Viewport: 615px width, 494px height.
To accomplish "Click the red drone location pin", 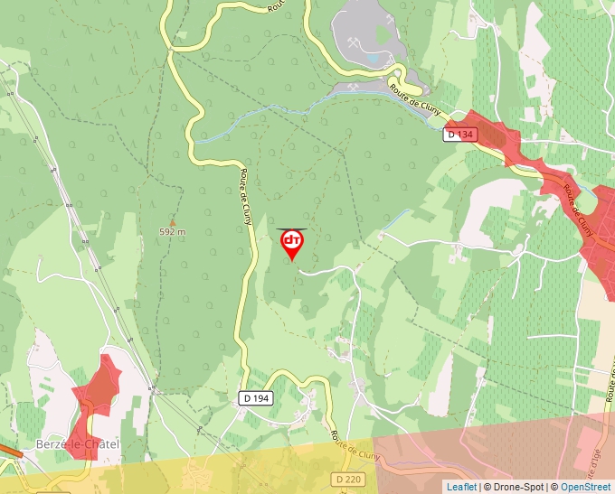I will pyautogui.click(x=292, y=242).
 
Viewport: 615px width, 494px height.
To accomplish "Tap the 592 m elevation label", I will pyautogui.click(x=172, y=231).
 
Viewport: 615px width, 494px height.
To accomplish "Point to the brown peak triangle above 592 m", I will pyautogui.click(x=172, y=221).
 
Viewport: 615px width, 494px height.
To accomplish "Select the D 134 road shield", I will pyautogui.click(x=459, y=134).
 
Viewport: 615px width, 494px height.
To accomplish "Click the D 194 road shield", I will pyautogui.click(x=256, y=397).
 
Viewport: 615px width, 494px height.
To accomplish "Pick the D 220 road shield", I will pyautogui.click(x=346, y=478).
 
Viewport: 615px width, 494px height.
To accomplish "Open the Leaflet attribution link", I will pyautogui.click(x=461, y=487).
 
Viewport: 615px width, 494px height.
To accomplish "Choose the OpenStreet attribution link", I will pyautogui.click(x=585, y=487).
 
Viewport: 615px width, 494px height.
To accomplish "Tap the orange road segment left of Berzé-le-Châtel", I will pyautogui.click(x=9, y=450).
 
